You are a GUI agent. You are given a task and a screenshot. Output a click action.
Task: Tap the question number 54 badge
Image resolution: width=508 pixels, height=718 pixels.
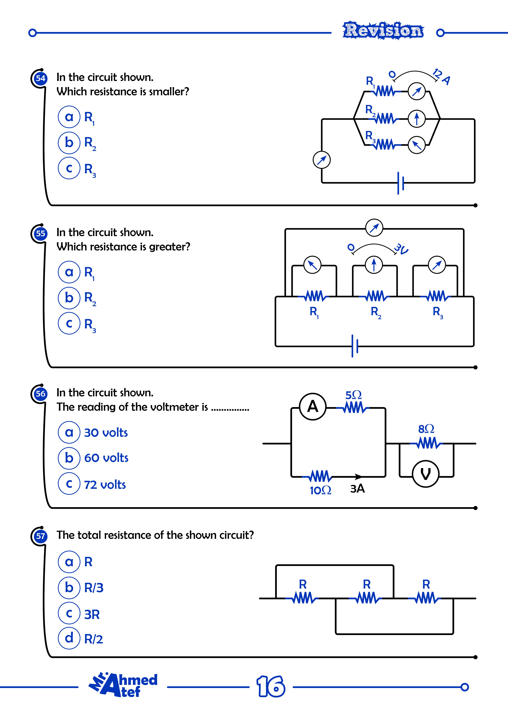tap(40, 78)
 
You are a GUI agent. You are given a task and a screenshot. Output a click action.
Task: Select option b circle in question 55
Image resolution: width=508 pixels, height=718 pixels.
tap(69, 298)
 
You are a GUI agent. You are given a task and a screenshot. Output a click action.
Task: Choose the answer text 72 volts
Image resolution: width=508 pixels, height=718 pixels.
tap(105, 485)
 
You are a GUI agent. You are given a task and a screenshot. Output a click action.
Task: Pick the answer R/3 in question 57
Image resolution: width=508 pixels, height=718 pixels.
tap(94, 588)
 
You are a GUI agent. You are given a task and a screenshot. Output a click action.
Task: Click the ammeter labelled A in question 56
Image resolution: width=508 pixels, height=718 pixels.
tap(313, 406)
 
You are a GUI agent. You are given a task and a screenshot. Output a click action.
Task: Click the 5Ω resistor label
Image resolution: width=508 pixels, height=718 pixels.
tap(353, 395)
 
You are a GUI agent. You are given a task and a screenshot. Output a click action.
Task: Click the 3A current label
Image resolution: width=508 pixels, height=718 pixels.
tap(357, 488)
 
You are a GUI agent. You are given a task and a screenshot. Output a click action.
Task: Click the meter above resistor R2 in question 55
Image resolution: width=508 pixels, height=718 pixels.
tap(374, 265)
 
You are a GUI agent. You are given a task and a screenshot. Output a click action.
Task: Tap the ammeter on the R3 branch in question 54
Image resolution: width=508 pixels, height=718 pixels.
tap(417, 145)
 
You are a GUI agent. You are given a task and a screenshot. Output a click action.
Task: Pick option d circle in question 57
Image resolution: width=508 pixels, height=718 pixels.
tap(69, 638)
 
